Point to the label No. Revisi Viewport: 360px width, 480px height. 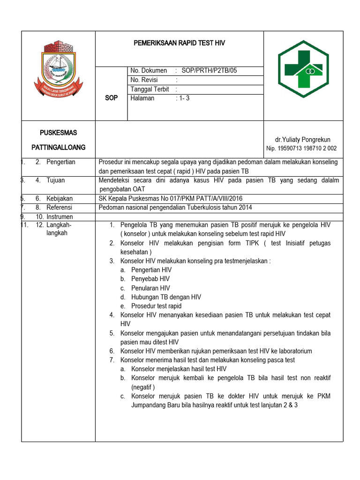point(144,80)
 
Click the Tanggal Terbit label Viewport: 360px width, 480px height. point(150,89)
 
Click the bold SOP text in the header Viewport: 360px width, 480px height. point(112,98)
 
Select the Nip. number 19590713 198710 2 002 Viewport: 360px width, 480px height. point(301,149)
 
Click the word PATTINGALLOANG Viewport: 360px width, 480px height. point(59,147)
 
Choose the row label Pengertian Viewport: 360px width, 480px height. point(61,162)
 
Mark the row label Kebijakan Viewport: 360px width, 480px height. point(59,198)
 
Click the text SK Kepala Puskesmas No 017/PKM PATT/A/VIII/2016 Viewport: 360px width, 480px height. point(171,198)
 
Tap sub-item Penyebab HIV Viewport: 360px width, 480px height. point(150,279)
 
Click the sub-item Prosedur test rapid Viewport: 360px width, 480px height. point(157,306)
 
